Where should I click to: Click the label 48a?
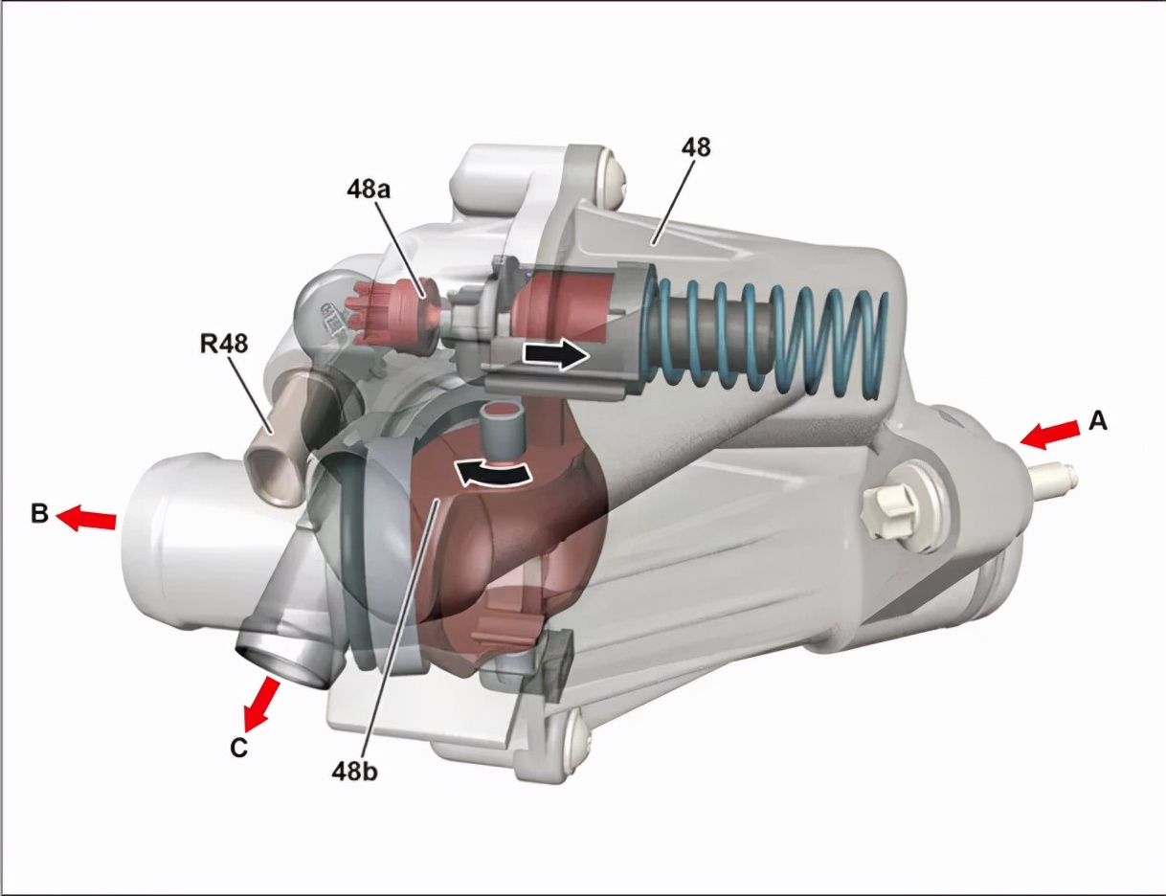pos(368,190)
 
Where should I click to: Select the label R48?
pos(224,344)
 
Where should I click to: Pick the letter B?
pos(39,514)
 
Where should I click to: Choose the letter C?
pos(238,747)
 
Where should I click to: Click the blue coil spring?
pos(766,340)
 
